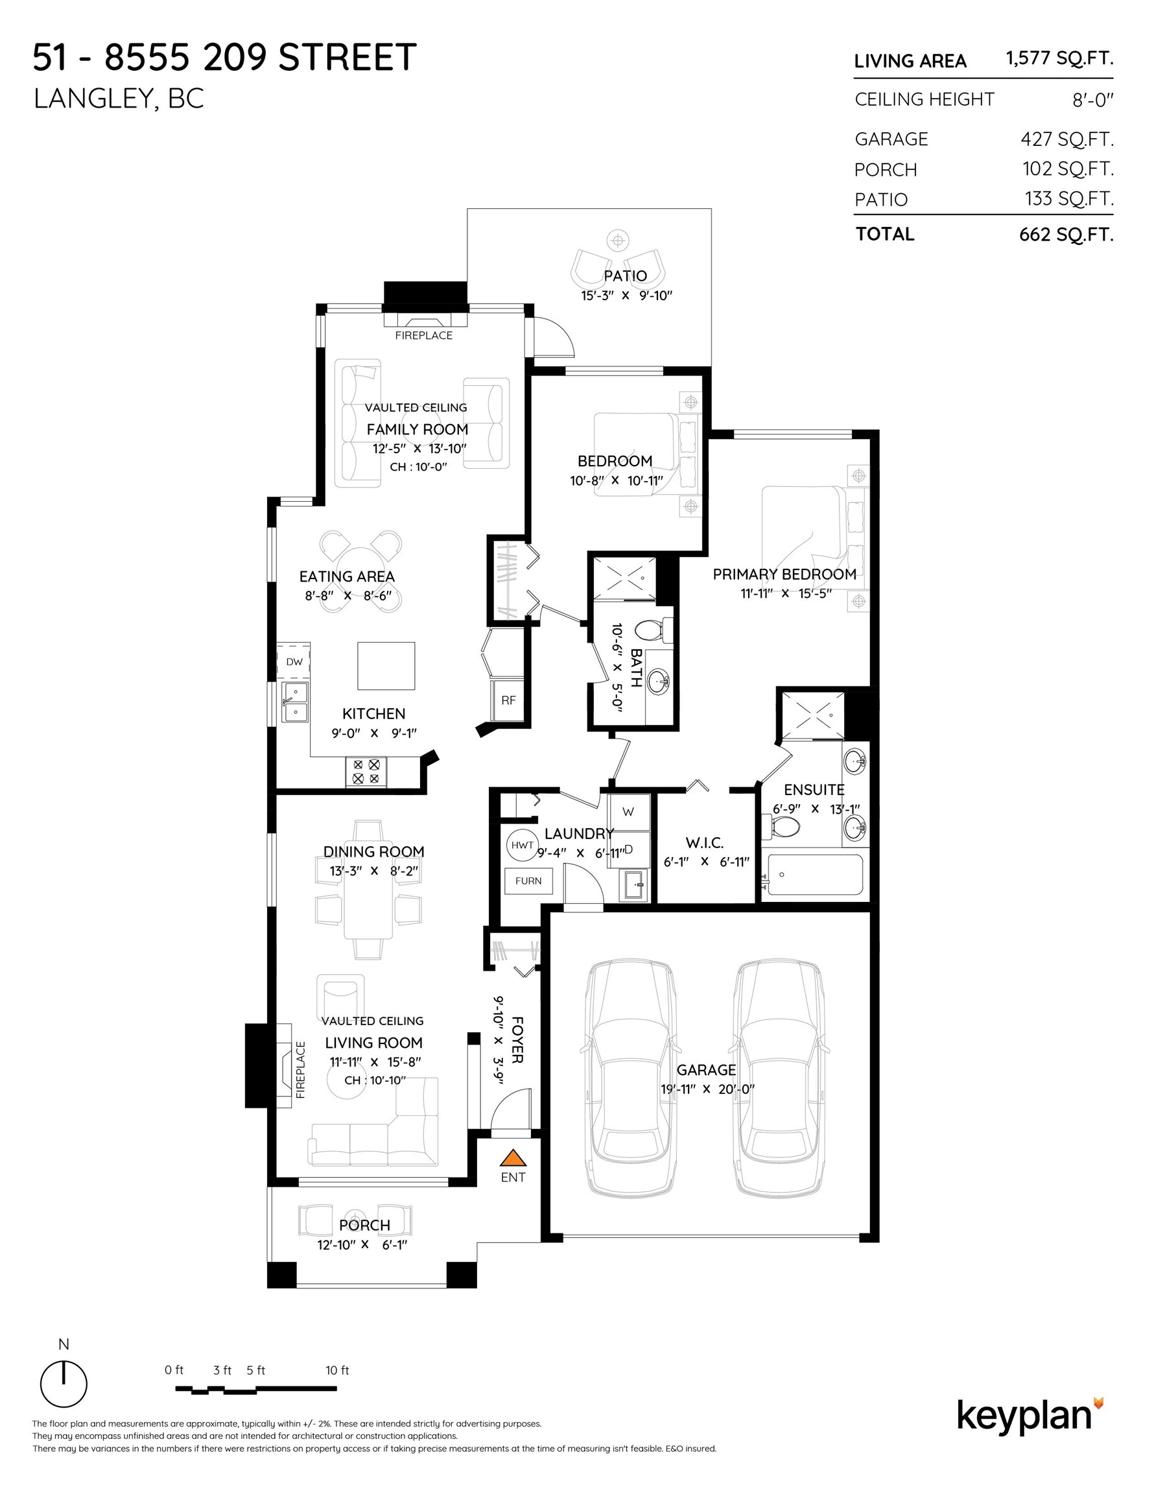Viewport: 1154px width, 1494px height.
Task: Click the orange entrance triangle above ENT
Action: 512,1157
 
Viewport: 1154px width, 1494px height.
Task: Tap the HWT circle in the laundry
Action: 522,846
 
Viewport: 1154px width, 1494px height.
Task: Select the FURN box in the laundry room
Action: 528,881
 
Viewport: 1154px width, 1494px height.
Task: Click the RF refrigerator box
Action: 508,700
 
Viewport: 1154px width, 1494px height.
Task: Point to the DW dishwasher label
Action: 294,661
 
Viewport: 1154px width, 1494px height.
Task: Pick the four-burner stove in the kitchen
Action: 365,772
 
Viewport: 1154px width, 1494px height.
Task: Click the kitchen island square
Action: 386,665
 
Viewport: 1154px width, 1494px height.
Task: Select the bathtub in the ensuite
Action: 814,874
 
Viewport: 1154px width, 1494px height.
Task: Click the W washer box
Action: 628,812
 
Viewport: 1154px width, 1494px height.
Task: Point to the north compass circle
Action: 64,1383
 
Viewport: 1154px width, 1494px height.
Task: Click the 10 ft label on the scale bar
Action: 337,1370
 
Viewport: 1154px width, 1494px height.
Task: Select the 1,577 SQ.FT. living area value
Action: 1059,59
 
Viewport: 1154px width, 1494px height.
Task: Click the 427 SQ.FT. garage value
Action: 1067,139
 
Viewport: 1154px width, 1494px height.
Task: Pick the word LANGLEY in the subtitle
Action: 92,99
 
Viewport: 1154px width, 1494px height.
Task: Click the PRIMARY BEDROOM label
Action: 784,574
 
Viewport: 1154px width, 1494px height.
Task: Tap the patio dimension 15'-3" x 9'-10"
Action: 626,296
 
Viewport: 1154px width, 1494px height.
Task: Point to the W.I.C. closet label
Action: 705,843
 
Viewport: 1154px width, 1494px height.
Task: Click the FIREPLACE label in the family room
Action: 423,335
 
